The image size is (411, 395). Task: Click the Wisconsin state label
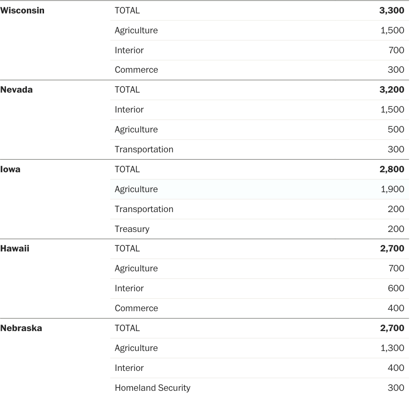coord(22,11)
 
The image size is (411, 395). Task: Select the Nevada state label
coord(16,90)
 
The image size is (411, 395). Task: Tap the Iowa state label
coord(10,169)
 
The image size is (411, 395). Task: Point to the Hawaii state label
coord(14,249)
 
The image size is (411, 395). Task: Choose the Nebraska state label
coord(21,328)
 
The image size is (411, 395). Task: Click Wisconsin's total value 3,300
coord(392,11)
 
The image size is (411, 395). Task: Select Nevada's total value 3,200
coord(392,90)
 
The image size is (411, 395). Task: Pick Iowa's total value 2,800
coord(392,169)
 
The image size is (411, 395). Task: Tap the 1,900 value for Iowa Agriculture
coord(392,189)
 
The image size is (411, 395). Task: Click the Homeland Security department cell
coord(152,388)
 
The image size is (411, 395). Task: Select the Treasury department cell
coord(132,229)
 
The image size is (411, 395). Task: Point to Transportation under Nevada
coord(144,150)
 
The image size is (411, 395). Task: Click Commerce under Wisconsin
coord(136,70)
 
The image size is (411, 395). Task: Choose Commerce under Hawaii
coord(136,308)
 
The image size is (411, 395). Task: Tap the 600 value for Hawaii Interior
coord(396,288)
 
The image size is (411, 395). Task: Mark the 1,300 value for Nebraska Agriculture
coord(392,348)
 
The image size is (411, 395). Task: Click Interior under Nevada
coord(129,110)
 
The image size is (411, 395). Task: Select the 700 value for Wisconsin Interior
coord(396,50)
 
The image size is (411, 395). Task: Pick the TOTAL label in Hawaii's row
coord(127,249)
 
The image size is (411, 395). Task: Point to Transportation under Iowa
coord(144,209)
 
